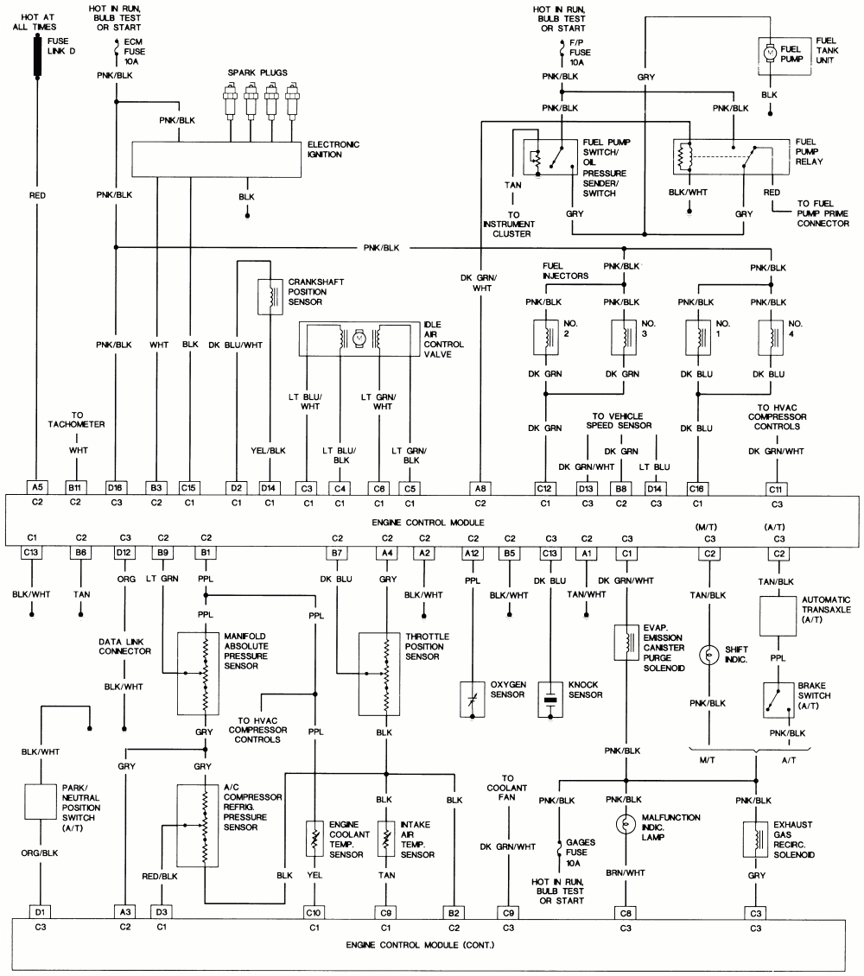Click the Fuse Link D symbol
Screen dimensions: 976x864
pos(37,56)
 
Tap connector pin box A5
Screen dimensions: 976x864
pos(36,487)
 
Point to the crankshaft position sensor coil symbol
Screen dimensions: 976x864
pos(271,297)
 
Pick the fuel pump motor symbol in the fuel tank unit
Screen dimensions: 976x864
pos(768,53)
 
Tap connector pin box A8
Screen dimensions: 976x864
pos(481,487)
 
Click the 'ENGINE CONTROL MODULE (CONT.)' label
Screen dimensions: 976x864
pos(421,944)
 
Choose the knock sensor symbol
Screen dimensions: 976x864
pos(550,700)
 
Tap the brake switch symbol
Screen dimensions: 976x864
pos(777,700)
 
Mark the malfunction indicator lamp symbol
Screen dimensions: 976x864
pos(625,823)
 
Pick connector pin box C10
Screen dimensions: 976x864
pos(314,911)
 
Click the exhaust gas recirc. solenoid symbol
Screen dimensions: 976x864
pos(756,838)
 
